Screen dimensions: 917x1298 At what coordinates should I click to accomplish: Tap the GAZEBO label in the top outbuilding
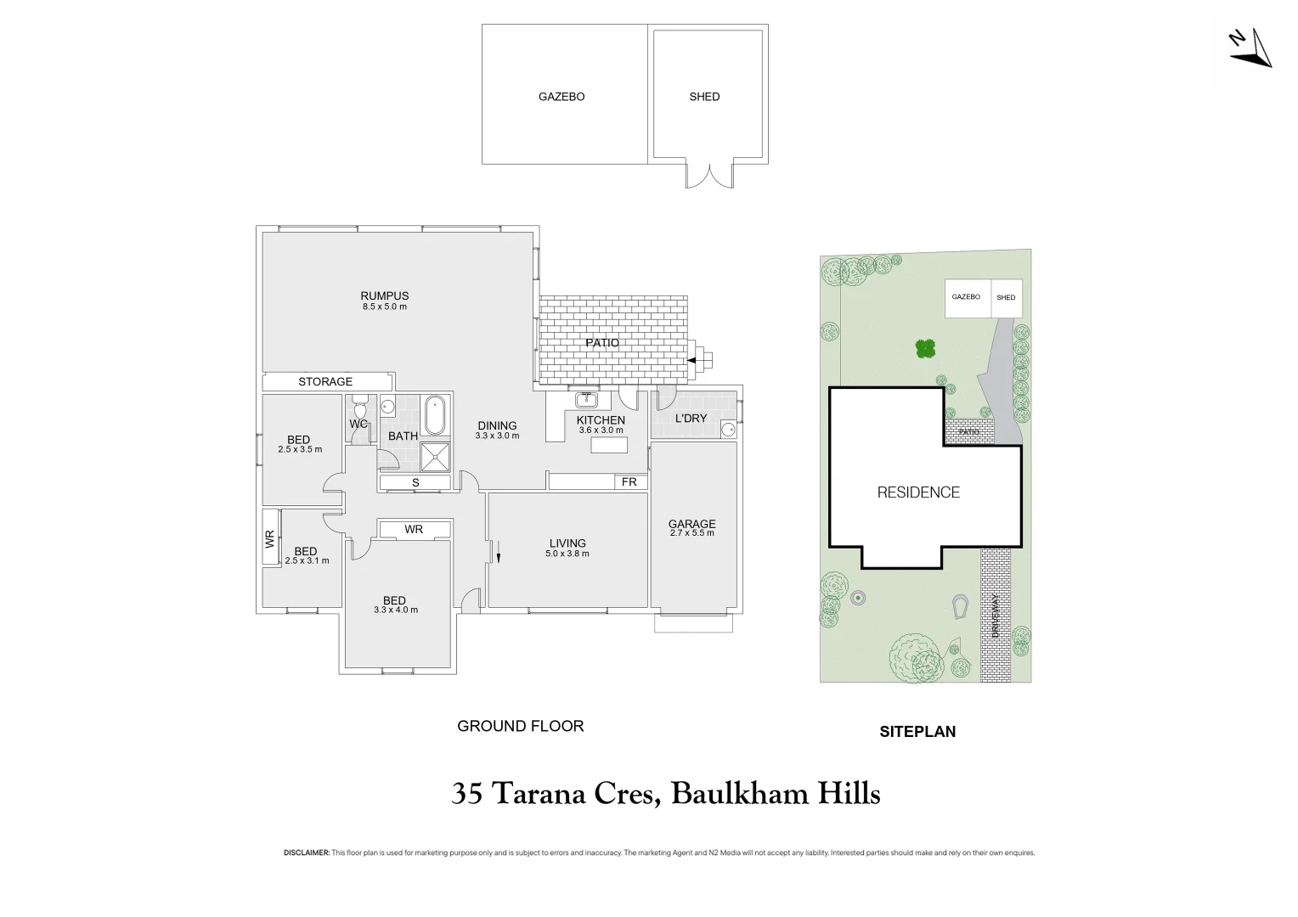[562, 97]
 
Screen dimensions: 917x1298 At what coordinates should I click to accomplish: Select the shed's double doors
[708, 176]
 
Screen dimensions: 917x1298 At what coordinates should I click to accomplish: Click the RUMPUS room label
[385, 296]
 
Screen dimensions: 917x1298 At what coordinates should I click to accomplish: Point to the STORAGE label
[325, 382]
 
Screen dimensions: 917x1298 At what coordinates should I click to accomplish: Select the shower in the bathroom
[437, 456]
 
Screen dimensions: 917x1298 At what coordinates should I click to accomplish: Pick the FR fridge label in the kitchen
[629, 482]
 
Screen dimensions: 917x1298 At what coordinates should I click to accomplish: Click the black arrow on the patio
[691, 361]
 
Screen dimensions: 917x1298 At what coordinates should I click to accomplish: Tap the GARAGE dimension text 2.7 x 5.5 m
[692, 533]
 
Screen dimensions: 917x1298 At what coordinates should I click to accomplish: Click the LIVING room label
[567, 543]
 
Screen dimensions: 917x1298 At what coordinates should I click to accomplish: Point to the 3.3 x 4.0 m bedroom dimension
[396, 610]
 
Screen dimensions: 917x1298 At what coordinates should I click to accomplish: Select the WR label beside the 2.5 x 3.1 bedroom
[270, 537]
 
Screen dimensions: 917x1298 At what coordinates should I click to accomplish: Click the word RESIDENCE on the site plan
[918, 492]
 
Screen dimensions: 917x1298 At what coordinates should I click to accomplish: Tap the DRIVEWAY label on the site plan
[996, 616]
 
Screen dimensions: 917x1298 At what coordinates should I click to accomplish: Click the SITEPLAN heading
[917, 732]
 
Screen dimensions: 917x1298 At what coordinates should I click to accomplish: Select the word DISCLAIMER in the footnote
[306, 852]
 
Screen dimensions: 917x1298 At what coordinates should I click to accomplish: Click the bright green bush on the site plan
[925, 348]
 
